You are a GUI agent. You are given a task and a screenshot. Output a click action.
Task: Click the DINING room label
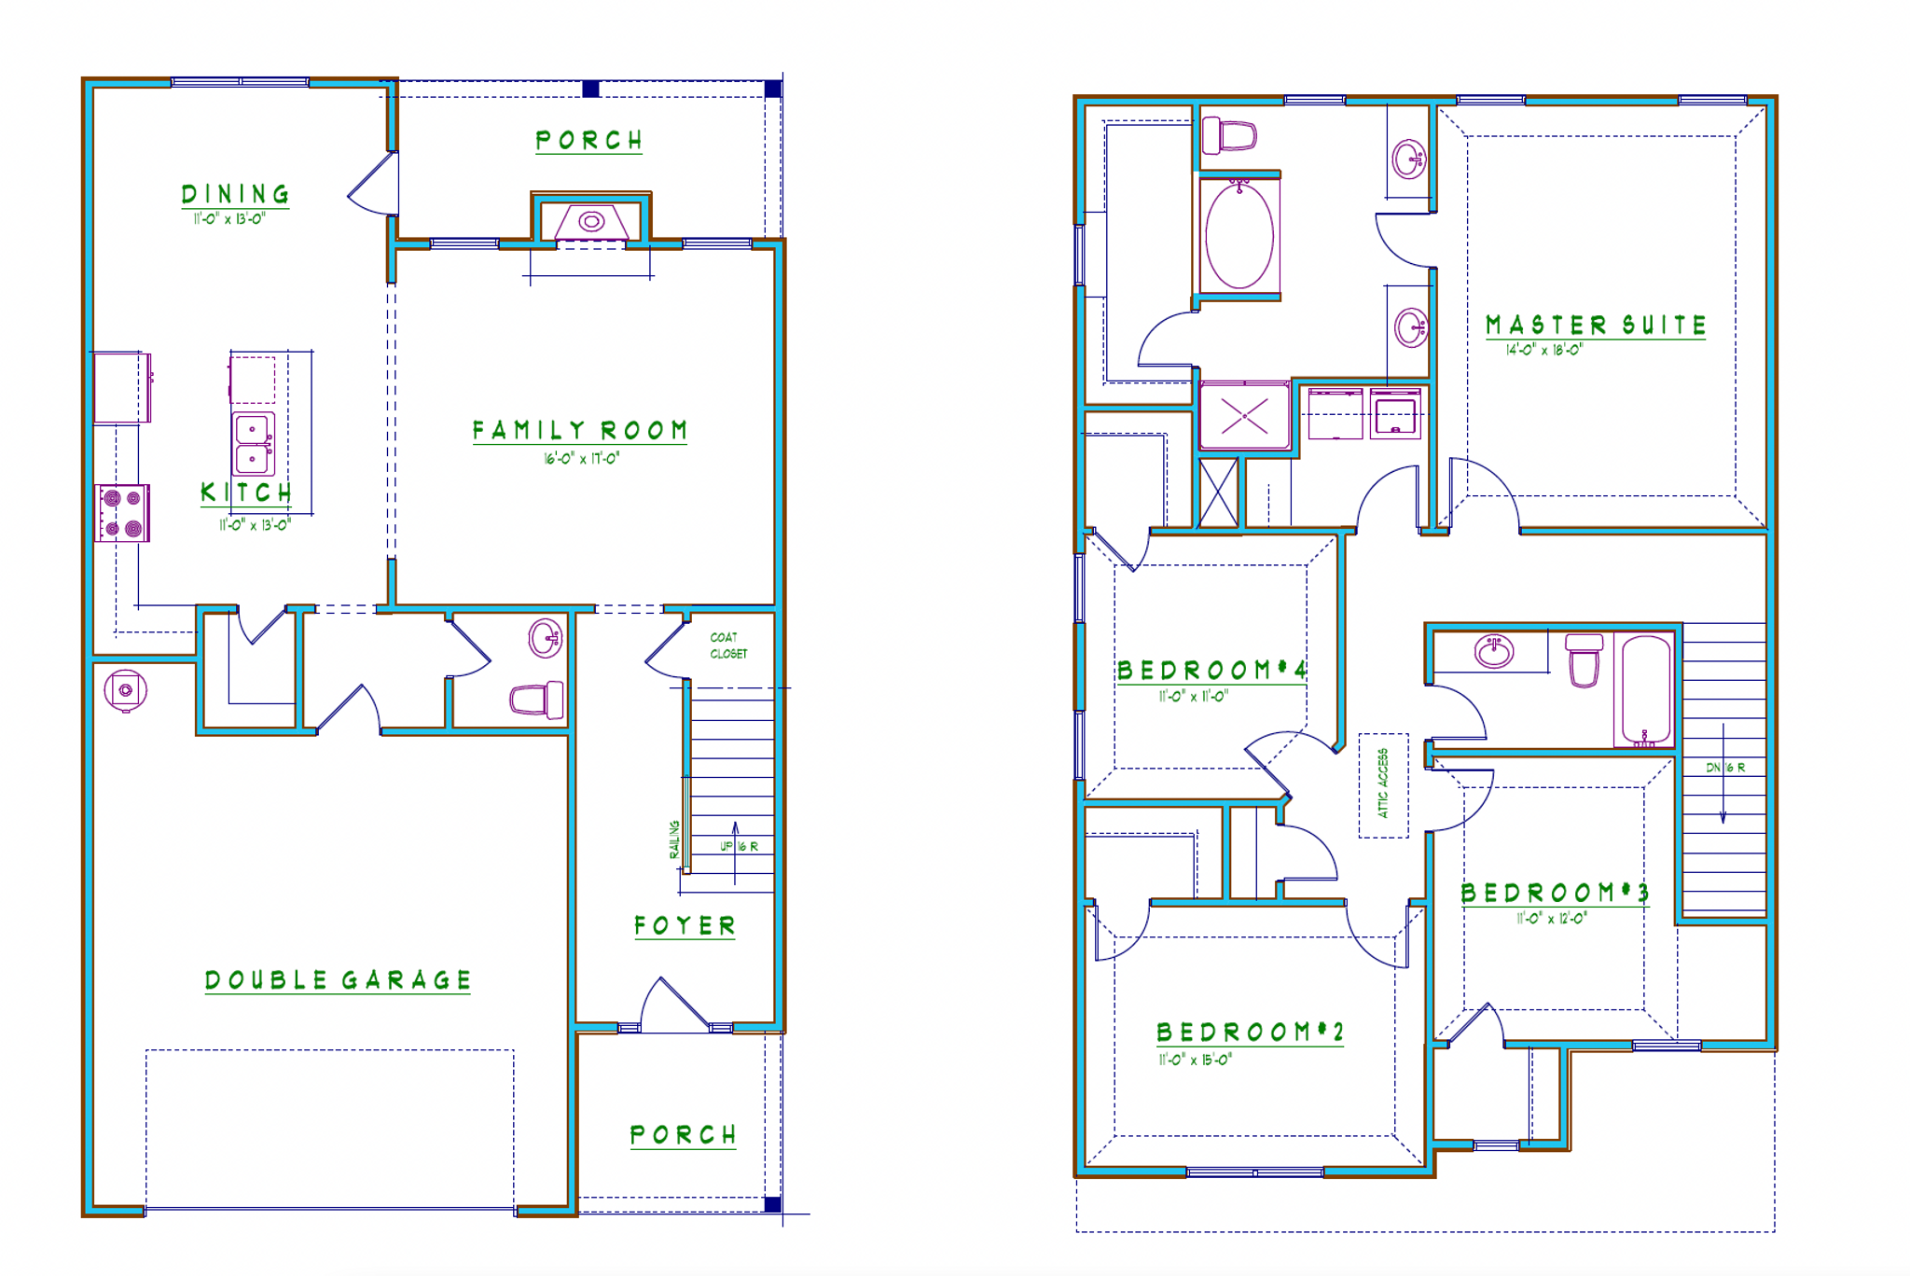tap(235, 194)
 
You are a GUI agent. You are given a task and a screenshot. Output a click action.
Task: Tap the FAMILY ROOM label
tap(579, 430)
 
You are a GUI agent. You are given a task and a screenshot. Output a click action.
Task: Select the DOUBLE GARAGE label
tap(338, 980)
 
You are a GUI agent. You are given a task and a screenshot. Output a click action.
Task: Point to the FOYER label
tap(685, 926)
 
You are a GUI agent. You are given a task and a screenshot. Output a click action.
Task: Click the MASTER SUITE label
tap(1595, 326)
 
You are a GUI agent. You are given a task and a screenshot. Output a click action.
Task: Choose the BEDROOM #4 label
tap(1211, 671)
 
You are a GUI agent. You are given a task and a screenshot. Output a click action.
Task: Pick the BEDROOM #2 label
tap(1250, 1033)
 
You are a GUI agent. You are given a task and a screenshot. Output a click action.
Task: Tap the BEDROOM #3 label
tap(1555, 894)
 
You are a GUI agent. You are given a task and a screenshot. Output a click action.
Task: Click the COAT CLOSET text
tap(728, 645)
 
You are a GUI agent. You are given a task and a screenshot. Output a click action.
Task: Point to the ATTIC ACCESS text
tap(1383, 784)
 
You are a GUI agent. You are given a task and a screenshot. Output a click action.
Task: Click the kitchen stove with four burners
tap(122, 513)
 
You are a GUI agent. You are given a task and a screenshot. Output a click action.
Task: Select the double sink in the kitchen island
tap(253, 444)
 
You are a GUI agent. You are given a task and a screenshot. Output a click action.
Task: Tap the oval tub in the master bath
tap(1239, 236)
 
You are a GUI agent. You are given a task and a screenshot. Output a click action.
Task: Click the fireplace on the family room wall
tap(591, 222)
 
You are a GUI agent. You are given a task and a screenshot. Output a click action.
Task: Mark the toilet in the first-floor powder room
tap(537, 700)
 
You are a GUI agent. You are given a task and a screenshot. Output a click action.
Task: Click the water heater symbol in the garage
tap(125, 690)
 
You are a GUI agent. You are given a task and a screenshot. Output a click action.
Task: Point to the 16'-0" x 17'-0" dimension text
tap(581, 459)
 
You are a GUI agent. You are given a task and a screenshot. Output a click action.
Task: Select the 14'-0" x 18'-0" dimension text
tap(1543, 351)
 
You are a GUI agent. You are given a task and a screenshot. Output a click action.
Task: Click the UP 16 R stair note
tap(739, 847)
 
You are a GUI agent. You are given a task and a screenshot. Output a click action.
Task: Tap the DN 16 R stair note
tap(1724, 768)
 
